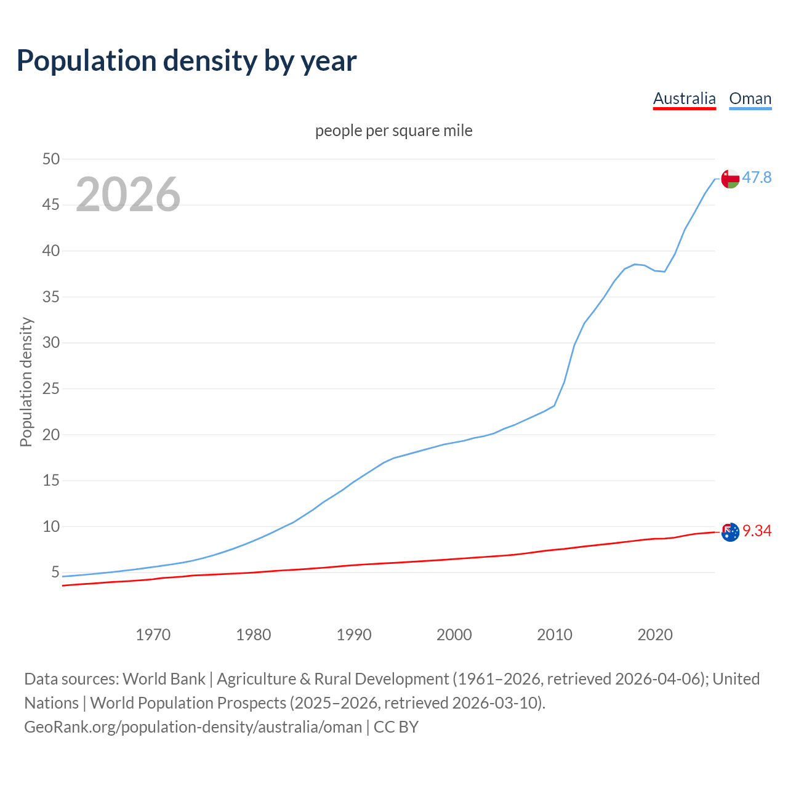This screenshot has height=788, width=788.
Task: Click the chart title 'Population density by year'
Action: (187, 61)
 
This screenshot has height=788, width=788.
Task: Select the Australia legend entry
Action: (684, 98)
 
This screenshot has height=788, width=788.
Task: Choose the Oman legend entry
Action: (750, 98)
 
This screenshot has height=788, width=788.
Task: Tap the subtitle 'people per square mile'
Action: (394, 131)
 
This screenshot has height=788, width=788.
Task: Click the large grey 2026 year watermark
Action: (128, 195)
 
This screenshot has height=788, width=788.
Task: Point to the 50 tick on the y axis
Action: (51, 159)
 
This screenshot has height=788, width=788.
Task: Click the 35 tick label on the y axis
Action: (51, 297)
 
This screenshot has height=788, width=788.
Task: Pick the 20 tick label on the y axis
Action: (51, 435)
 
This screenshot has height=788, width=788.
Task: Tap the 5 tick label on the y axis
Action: (55, 573)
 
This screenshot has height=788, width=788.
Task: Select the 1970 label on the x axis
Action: (153, 635)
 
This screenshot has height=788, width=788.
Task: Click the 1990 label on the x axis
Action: (354, 635)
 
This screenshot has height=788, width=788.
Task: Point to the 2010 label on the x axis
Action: (555, 635)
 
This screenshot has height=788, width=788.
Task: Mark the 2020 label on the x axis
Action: (655, 635)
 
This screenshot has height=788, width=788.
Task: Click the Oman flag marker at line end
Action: (730, 179)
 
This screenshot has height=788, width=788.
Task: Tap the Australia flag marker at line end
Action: (730, 532)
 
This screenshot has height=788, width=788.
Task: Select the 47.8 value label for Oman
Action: (757, 178)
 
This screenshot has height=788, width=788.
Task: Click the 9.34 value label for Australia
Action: (757, 531)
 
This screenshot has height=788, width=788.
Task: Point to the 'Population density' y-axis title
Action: (26, 382)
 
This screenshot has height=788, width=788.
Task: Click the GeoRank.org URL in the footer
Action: (193, 727)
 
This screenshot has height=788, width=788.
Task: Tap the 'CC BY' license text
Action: (396, 727)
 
